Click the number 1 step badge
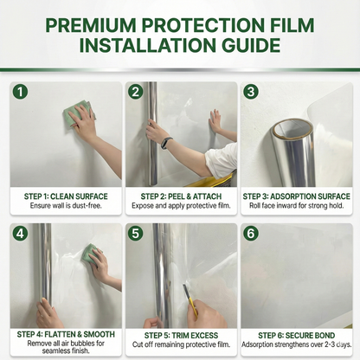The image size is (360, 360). pyautogui.click(x=20, y=92)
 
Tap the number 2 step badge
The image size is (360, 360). pyautogui.click(x=135, y=92)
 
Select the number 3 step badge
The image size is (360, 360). pyautogui.click(x=250, y=92)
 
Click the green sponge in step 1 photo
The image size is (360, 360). pyautogui.click(x=78, y=114)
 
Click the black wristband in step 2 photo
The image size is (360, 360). pyautogui.click(x=166, y=143)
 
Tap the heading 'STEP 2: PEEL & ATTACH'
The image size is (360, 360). pyautogui.click(x=181, y=196)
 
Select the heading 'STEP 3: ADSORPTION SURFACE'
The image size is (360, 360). pyautogui.click(x=297, y=196)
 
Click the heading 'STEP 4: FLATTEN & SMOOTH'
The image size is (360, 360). pyautogui.click(x=66, y=333)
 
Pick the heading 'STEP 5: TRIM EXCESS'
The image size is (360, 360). pyautogui.click(x=181, y=333)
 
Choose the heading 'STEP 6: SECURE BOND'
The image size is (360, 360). pyautogui.click(x=297, y=333)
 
